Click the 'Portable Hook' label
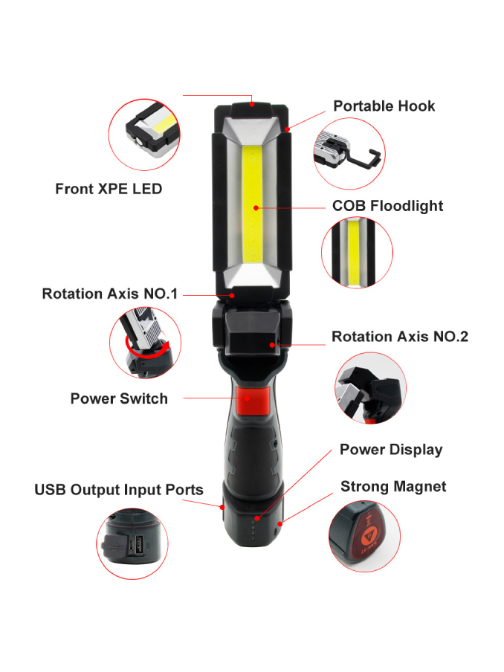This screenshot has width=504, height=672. pos(384,106)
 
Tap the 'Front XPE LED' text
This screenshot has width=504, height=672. pos(109,189)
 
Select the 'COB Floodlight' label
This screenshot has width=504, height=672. pos(387,206)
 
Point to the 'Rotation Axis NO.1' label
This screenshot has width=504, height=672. pos(110,294)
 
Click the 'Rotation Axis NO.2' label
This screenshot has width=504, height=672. pos(400,337)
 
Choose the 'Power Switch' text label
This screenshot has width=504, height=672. pos(119,398)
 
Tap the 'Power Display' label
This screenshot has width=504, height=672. pos(391,450)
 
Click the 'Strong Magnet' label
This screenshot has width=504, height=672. pos(393,487)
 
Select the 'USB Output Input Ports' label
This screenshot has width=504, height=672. pos(119,490)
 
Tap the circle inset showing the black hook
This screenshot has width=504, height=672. pos(349,153)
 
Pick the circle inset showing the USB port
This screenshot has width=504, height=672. pos(132,544)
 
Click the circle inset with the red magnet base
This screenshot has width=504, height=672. pos(365,536)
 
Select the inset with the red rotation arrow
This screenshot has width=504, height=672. pos(145,343)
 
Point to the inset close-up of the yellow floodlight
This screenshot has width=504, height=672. pos(357,253)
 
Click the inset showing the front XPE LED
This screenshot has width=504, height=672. pos(144,135)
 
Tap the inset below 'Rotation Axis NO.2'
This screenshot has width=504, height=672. pos(370,388)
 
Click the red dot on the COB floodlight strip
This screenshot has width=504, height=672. pos(256,208)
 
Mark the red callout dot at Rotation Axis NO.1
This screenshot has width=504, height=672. pos(232,295)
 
